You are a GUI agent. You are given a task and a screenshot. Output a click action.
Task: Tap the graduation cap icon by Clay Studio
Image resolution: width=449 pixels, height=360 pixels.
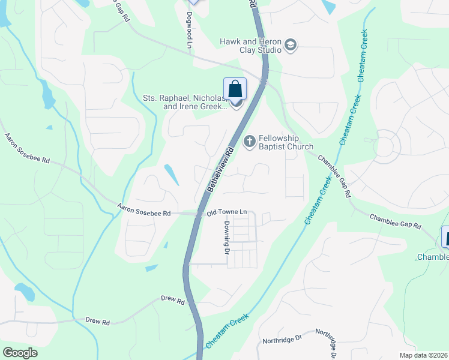pyautogui.click(x=291, y=46)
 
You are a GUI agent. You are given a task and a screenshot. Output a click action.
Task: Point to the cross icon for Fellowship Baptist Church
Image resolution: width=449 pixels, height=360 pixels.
pyautogui.click(x=249, y=142)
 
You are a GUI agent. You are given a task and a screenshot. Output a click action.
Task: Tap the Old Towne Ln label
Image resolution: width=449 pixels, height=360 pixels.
pyautogui.click(x=227, y=212)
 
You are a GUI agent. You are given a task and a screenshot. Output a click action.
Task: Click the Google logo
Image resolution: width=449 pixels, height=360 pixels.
pyautogui.click(x=20, y=352)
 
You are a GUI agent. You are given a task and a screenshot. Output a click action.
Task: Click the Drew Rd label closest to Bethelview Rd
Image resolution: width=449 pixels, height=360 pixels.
pyautogui.click(x=172, y=299)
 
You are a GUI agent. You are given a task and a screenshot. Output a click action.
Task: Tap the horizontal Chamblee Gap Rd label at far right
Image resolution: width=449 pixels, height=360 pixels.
pyautogui.click(x=395, y=221)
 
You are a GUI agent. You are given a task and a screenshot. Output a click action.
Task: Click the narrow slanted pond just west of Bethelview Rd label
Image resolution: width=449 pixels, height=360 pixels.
pyautogui.click(x=171, y=175)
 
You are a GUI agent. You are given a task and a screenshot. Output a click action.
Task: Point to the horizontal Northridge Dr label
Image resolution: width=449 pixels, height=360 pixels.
pyautogui.click(x=282, y=340)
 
